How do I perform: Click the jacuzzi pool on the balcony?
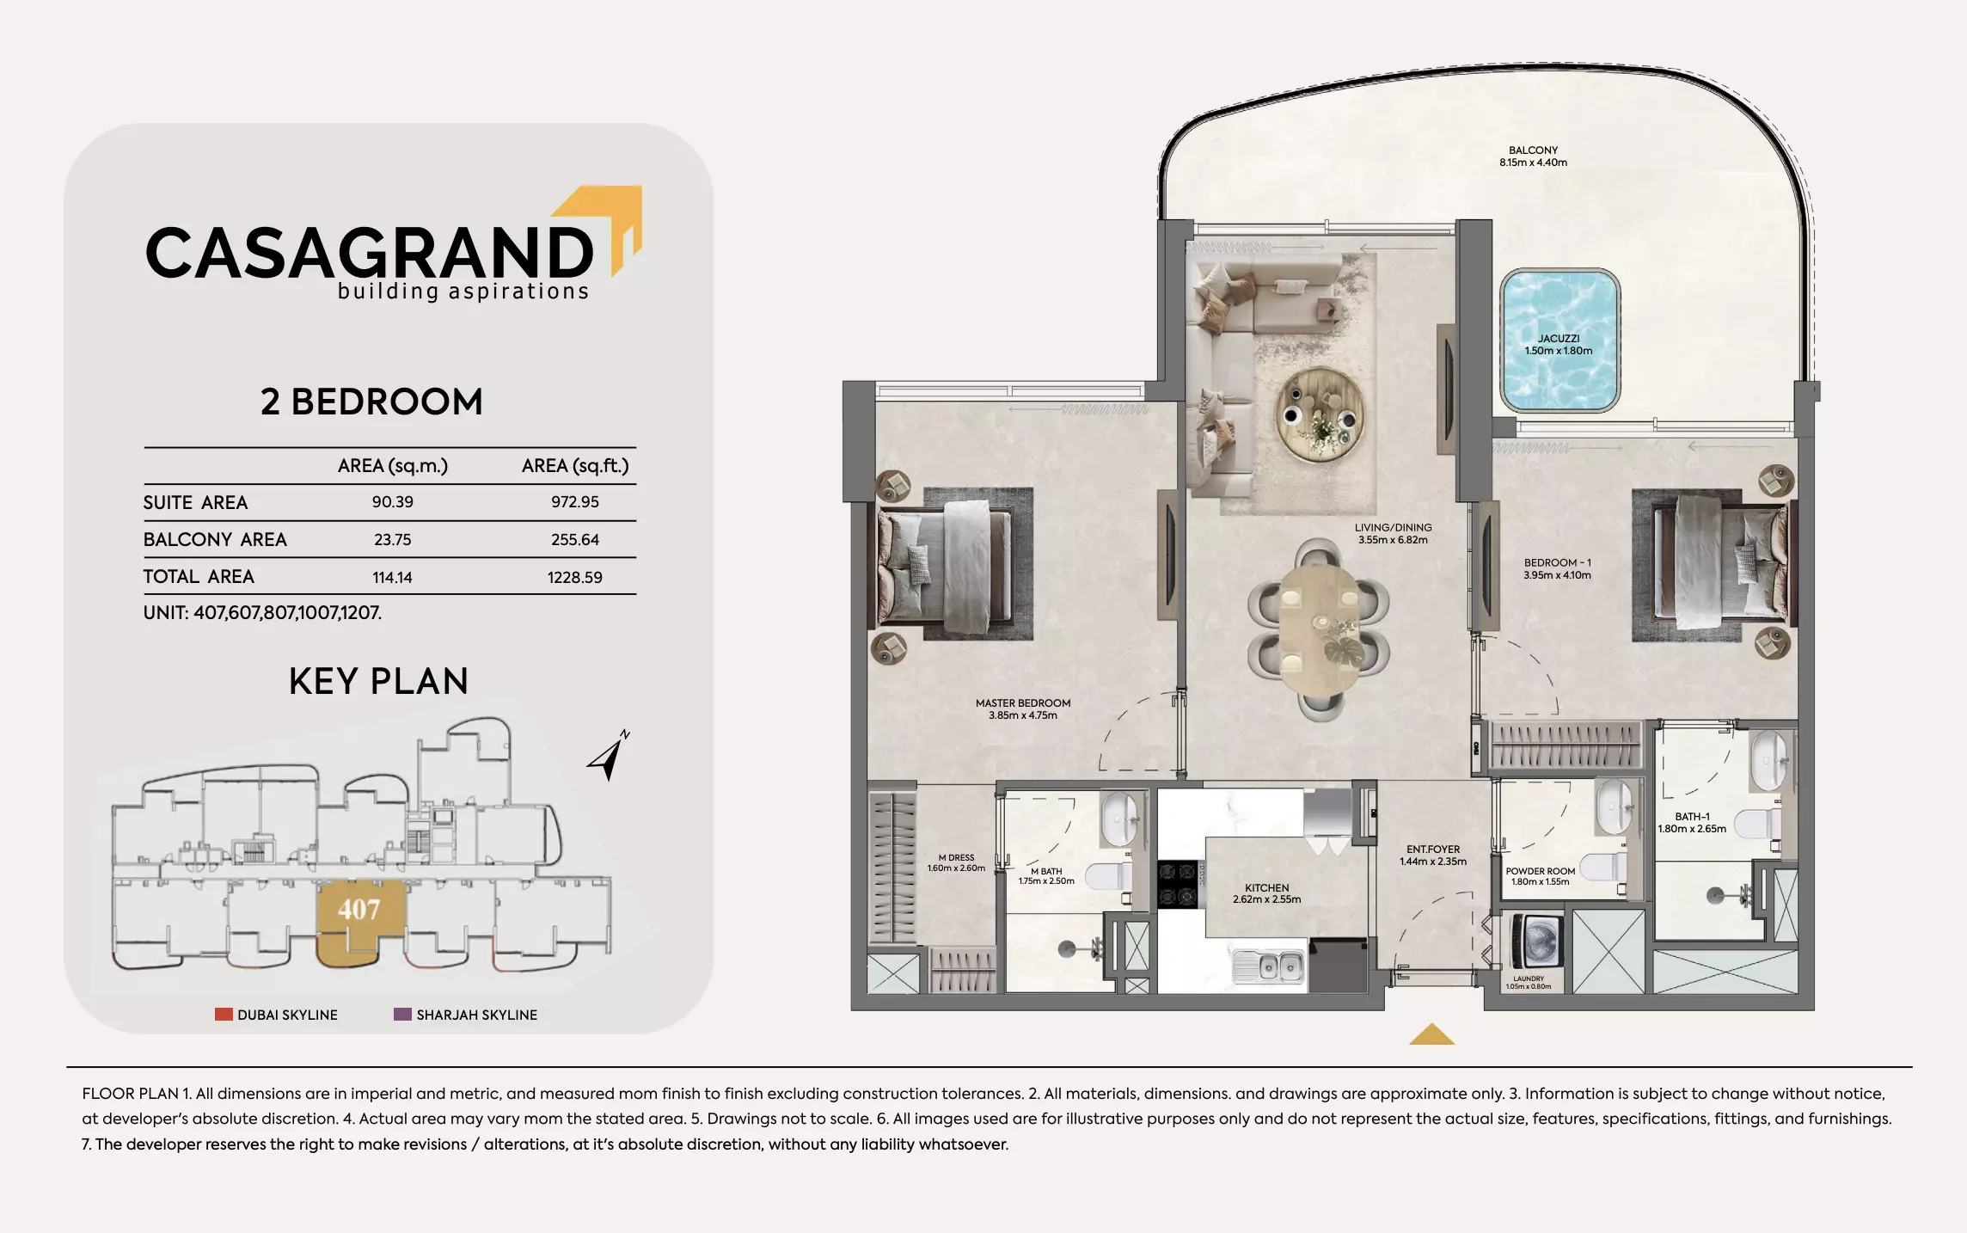tap(1560, 341)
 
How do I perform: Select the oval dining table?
tap(1318, 629)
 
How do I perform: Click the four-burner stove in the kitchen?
tap(1178, 883)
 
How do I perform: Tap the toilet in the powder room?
tap(1604, 867)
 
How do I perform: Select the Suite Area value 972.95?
tap(574, 502)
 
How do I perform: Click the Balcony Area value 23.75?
tap(392, 540)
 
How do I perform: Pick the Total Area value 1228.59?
tap(574, 578)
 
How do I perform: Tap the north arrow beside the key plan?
tap(609, 756)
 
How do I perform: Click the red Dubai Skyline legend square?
tap(224, 1015)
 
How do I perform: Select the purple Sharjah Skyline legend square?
tap(402, 1015)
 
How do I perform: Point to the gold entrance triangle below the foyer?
tap(1431, 1035)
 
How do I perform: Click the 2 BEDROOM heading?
tap(371, 402)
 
